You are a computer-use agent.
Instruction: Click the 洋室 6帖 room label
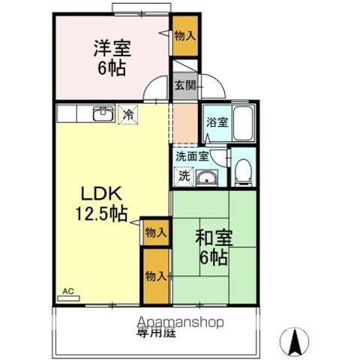click(112, 57)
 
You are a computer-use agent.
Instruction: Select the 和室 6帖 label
click(214, 248)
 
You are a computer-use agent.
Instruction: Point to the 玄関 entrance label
click(185, 85)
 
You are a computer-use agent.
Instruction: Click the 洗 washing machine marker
click(184, 177)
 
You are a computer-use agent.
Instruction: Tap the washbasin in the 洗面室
click(206, 178)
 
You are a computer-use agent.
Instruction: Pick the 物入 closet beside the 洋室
click(184, 36)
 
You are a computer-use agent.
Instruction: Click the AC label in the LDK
click(67, 291)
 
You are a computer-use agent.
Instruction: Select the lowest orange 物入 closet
click(155, 276)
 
